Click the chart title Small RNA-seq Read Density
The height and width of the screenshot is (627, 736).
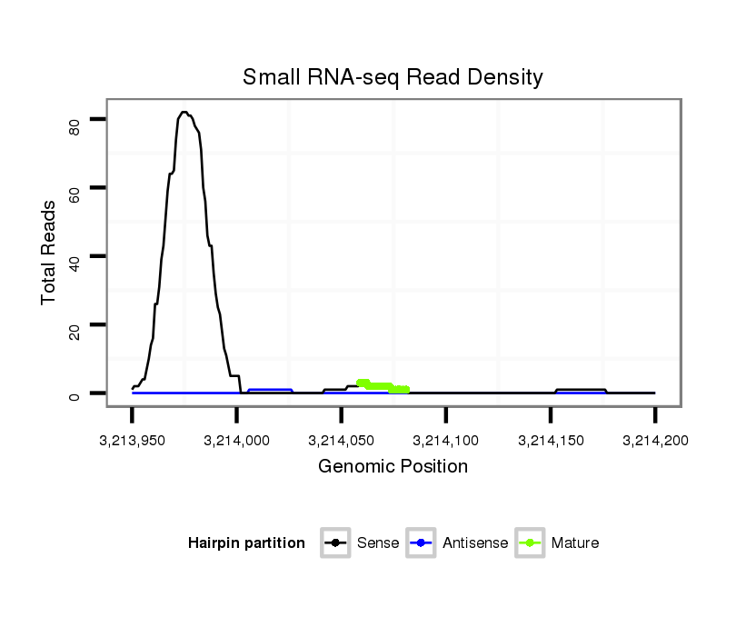[393, 77]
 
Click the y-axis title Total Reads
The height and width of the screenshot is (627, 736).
[49, 252]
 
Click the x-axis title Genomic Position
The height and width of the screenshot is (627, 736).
[393, 467]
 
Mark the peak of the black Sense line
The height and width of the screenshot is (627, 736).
[184, 113]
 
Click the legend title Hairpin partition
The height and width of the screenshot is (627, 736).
[246, 543]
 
